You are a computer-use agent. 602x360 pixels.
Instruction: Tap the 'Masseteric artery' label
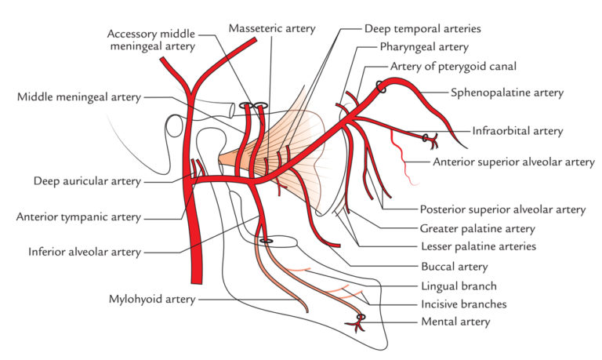272,28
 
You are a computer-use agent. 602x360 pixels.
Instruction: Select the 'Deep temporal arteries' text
422,28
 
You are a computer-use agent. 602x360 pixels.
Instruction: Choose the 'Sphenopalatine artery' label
506,93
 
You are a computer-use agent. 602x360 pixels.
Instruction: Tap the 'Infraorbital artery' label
517,131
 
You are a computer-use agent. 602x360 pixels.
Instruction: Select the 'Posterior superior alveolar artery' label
502,209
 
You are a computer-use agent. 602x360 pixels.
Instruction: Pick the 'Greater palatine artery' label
477,229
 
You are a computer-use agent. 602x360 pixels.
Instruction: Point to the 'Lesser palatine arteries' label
478,246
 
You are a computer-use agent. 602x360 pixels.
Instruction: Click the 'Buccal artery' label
451,267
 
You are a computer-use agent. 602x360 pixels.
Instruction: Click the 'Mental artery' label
455,322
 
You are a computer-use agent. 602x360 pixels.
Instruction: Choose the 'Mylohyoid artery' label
153,300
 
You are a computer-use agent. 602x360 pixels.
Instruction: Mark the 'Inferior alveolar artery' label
84,253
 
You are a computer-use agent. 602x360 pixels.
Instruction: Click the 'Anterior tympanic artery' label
80,217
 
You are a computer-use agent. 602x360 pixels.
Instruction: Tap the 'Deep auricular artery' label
87,181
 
